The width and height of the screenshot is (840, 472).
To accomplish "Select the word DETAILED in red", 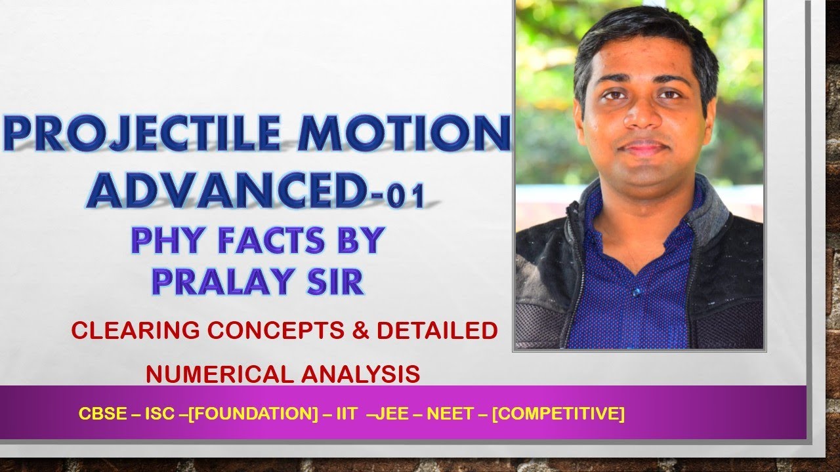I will pyautogui.click(x=437, y=330).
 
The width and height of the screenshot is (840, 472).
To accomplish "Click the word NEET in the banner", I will pyautogui.click(x=444, y=414).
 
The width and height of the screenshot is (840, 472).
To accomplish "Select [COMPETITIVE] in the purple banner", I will pyautogui.click(x=557, y=414).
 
